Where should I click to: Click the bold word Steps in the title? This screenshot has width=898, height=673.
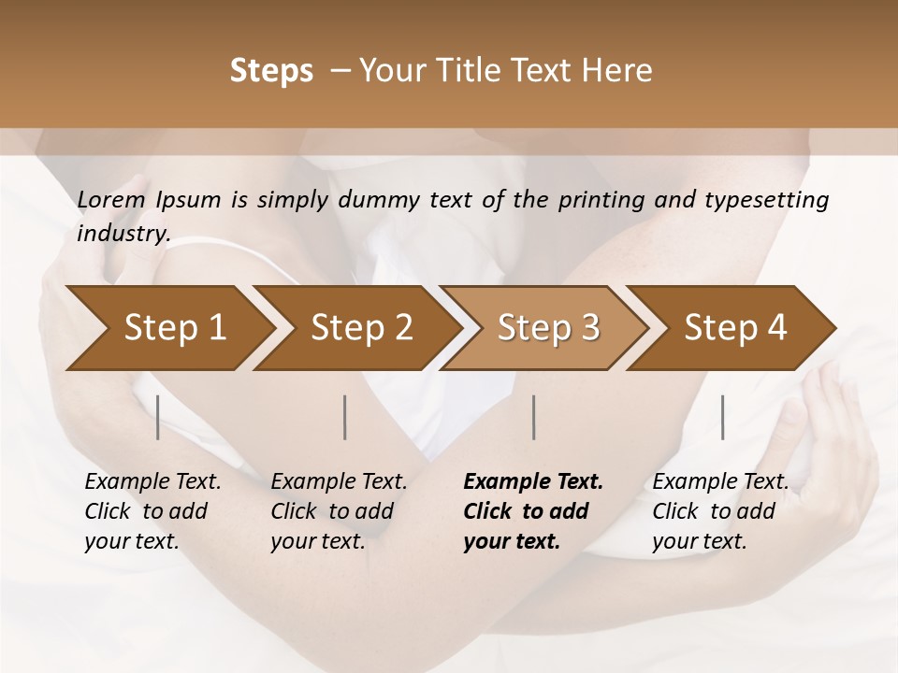(x=271, y=71)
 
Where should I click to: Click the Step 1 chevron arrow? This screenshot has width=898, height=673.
(x=168, y=328)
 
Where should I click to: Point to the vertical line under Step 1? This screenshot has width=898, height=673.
(x=158, y=417)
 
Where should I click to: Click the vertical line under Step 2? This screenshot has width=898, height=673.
(x=345, y=417)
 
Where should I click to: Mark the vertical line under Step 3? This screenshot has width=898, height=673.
(x=533, y=417)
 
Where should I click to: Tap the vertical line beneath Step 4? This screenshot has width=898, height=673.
(x=722, y=417)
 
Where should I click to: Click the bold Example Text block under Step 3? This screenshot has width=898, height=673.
(x=531, y=511)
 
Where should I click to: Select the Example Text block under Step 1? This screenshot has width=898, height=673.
(x=152, y=511)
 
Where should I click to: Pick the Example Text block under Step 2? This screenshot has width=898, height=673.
(x=338, y=511)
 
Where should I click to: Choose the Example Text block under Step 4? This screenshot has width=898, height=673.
(x=719, y=511)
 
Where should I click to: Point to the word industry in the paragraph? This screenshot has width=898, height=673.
(x=123, y=234)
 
